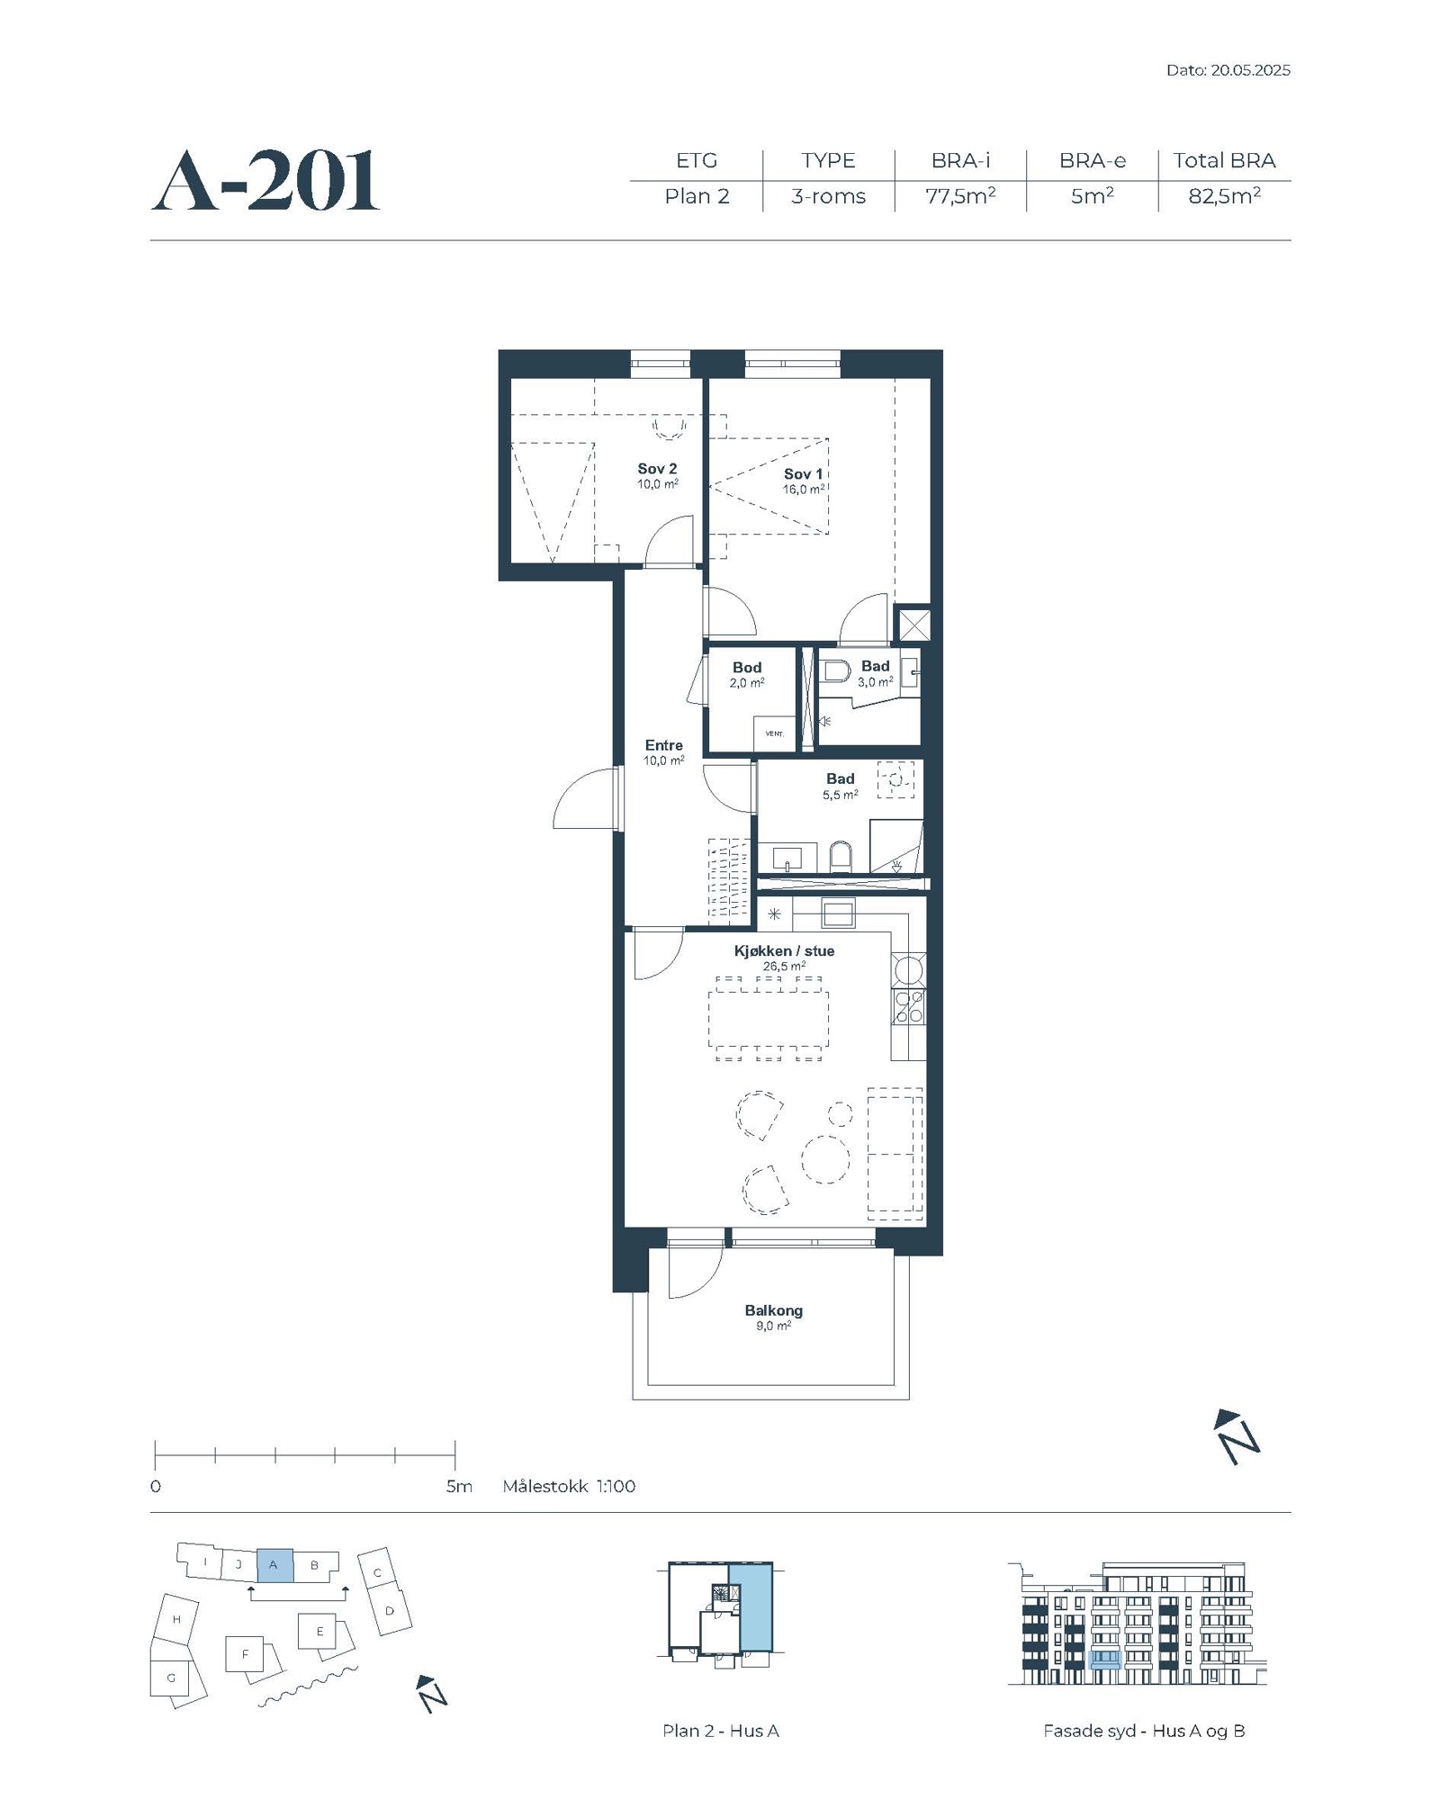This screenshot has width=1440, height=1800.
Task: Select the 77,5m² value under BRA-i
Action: [960, 195]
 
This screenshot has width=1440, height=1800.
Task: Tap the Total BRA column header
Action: [1224, 160]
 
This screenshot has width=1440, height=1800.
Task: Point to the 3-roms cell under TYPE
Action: [828, 196]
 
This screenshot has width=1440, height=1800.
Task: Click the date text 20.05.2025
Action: [1250, 70]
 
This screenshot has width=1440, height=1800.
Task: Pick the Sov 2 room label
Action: [657, 469]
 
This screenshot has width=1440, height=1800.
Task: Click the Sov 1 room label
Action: [803, 474]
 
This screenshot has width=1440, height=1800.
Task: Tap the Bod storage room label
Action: [747, 668]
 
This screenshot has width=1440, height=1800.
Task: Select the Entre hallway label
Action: [664, 745]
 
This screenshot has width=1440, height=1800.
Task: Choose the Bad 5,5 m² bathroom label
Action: [841, 779]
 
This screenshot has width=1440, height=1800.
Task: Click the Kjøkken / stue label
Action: [784, 951]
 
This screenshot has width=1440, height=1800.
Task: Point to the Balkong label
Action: [773, 1311]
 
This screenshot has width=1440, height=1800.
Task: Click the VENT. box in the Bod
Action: [775, 733]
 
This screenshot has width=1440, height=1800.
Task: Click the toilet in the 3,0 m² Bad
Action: [837, 671]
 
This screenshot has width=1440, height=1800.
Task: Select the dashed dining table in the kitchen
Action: [768, 1018]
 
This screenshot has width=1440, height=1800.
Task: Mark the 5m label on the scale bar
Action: [459, 1486]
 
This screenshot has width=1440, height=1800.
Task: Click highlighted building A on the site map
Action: [274, 1565]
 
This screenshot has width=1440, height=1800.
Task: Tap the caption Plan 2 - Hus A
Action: [720, 1731]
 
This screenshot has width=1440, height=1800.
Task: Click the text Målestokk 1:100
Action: [569, 1486]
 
